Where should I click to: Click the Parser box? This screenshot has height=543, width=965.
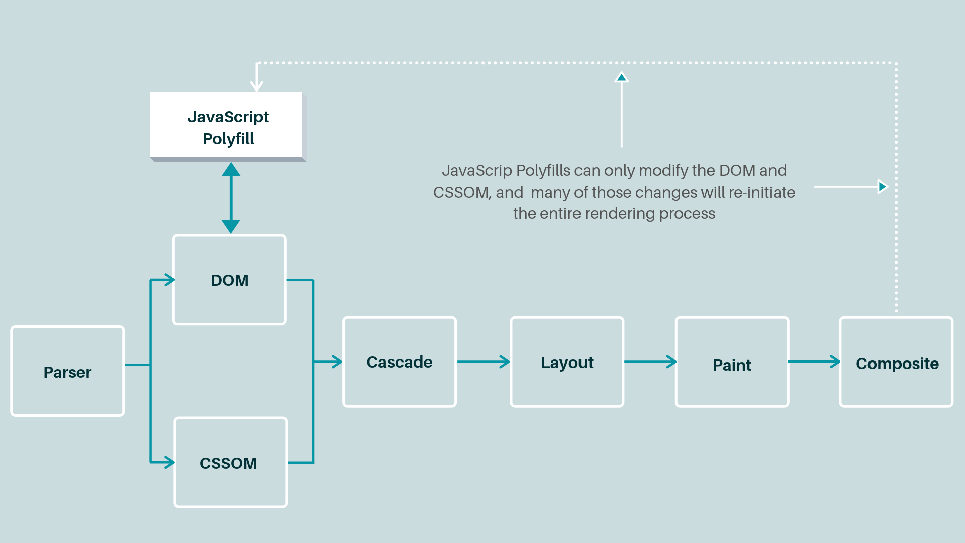point(67,371)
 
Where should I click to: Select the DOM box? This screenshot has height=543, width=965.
point(230,280)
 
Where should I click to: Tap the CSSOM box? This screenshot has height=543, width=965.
point(231,462)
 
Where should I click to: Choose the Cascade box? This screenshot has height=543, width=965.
point(400,361)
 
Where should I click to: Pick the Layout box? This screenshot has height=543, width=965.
point(567,361)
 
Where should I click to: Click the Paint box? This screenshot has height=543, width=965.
point(732,361)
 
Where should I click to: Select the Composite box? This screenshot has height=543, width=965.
point(896,361)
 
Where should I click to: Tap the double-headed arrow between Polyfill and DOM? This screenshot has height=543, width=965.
point(231,198)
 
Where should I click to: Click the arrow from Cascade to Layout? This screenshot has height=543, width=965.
point(483,361)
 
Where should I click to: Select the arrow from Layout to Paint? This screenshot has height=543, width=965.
point(650,361)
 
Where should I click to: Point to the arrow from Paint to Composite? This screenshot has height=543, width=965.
point(814,361)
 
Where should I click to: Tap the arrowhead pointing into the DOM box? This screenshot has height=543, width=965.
point(169,280)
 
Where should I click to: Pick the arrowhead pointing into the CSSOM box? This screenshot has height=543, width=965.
point(169,462)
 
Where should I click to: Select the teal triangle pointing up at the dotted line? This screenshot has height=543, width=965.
point(622,77)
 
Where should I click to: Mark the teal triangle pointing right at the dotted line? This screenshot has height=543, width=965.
point(882,187)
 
